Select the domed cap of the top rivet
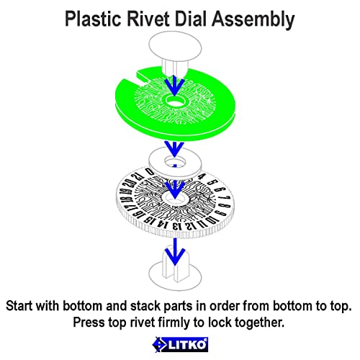175,47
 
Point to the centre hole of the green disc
175,101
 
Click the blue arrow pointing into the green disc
174,85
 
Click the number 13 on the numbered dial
177,226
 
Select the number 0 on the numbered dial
150,171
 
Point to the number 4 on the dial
203,177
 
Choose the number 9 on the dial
221,213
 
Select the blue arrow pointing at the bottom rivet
176,251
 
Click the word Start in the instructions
19,306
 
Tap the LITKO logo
180,345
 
